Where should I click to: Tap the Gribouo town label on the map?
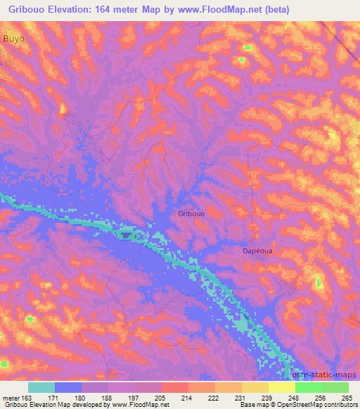192,214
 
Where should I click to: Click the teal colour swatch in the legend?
41,387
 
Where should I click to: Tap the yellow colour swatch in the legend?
281,387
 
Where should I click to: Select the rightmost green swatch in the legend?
335,387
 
